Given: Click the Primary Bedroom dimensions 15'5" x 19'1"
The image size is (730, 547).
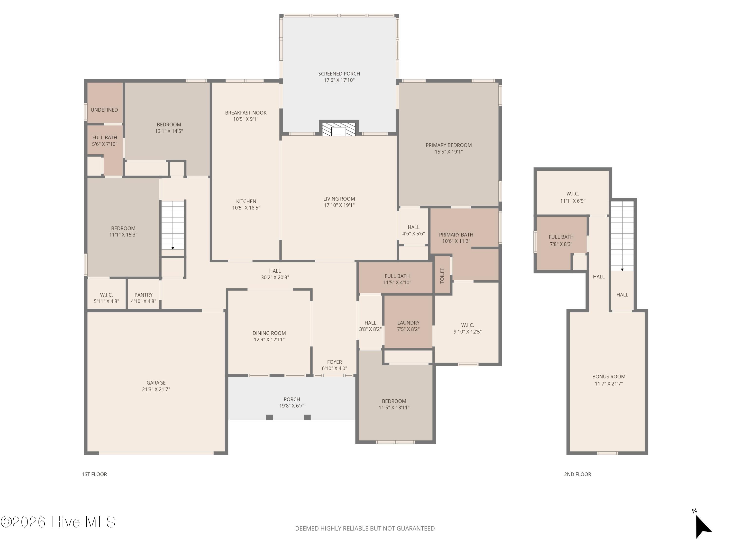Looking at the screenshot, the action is coord(448,152).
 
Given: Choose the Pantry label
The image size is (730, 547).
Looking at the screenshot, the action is coord(144,295).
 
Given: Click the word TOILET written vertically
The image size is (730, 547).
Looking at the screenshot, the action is coord(442,275).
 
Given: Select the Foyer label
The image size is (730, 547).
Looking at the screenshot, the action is coord(334,362).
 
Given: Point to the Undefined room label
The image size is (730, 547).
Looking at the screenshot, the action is coord(104,110).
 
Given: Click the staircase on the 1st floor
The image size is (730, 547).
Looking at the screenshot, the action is coord(173,226).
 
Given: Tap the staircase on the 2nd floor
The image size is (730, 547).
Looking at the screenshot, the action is coord(622,236).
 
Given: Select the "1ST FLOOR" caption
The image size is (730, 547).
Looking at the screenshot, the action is coord(94,474).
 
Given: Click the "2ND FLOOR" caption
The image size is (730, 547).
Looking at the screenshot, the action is coord(577,474).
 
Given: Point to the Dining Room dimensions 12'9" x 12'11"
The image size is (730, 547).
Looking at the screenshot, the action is coord(269,340).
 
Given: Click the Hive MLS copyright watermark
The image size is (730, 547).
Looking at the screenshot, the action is coord(58,522).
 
